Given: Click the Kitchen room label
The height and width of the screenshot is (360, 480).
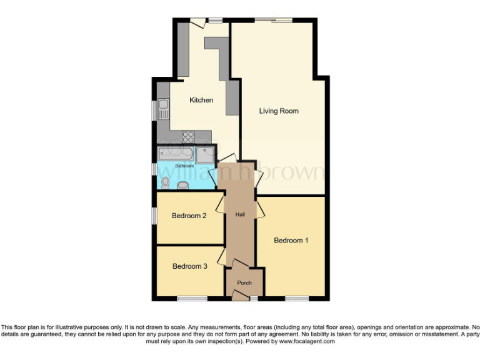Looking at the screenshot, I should point(201,100).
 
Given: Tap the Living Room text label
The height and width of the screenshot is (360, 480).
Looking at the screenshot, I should point(279,111).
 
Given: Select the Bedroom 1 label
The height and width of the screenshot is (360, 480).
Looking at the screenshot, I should point(291,241).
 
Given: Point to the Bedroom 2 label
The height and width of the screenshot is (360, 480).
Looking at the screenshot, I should point(189,216).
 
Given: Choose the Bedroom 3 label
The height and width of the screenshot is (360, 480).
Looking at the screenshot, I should point(189,266).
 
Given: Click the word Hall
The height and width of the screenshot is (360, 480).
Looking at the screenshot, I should point(240,214).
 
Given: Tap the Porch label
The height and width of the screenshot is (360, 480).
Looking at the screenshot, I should point(244,283).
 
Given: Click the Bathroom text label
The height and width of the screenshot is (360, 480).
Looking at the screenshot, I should point(184,166).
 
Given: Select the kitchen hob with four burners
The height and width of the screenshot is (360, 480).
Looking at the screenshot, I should point(189,137).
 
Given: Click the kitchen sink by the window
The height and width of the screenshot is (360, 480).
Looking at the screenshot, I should point(163,110).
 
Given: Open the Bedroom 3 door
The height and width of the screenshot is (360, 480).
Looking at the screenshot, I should point(221,257).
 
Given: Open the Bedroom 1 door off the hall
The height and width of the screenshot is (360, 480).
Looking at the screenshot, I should point(259,210).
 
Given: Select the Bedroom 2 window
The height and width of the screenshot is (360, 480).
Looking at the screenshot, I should point(154,215).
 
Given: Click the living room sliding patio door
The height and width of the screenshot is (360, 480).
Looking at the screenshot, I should point(274,20).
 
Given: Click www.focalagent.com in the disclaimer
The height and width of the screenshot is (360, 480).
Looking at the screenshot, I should point(306,342).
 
